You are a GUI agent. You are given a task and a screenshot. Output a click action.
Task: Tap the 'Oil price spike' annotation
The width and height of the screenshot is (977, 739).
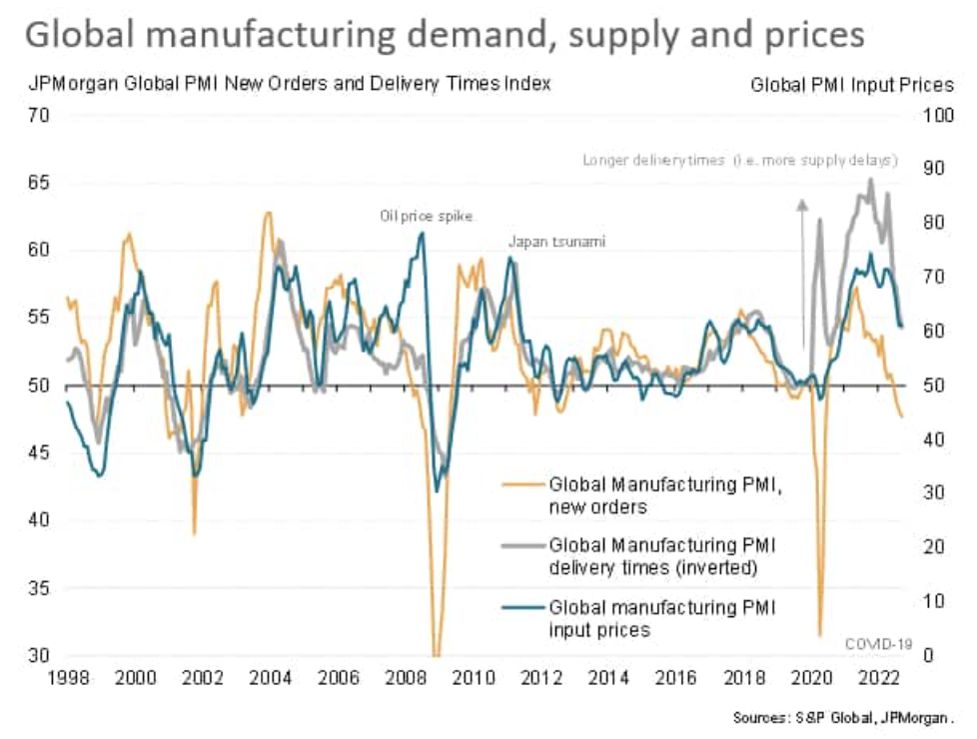pyautogui.click(x=427, y=216)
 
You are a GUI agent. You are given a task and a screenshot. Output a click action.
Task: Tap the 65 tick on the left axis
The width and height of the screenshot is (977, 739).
pyautogui.click(x=39, y=183)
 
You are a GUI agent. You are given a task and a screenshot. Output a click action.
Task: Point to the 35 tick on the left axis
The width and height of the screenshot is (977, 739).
pyautogui.click(x=39, y=588)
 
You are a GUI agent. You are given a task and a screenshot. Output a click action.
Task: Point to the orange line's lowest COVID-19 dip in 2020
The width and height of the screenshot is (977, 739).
pyautogui.click(x=819, y=633)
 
